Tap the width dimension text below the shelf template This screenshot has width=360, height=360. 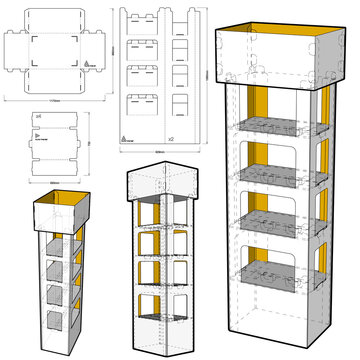coord(51,183)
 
